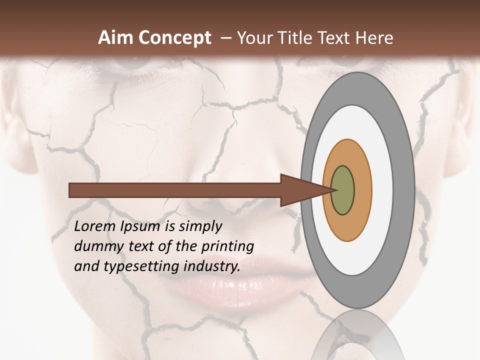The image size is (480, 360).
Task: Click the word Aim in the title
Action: click(116, 38)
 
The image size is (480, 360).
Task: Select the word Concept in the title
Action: click(175, 38)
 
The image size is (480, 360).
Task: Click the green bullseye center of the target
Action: click(343, 190)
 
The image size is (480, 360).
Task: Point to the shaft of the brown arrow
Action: click(175, 190)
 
